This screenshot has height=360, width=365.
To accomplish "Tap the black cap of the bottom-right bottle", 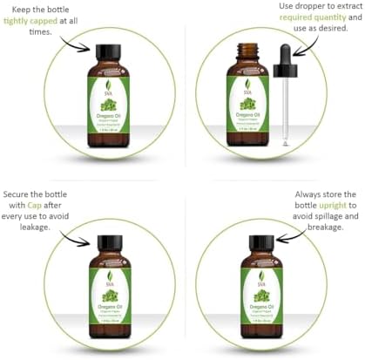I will tap(263, 242).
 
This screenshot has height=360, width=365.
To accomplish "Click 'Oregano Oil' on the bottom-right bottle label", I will tap(263, 302).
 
